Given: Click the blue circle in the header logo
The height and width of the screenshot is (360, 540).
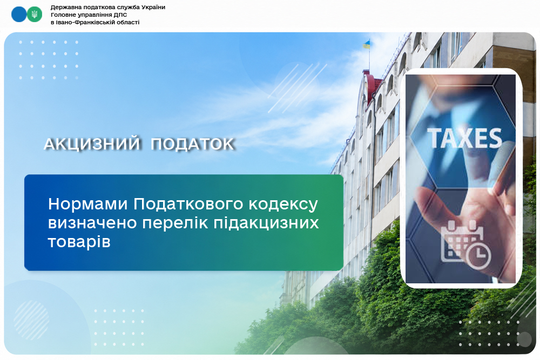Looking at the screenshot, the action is point(19,15).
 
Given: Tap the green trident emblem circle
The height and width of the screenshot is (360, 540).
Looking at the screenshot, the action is point(35,15).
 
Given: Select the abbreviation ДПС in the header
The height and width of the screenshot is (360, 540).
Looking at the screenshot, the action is point(120,15).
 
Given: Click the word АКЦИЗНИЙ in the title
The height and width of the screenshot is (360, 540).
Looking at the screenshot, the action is point(92,144).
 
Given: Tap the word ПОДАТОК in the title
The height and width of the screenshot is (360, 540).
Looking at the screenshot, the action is point(193,144).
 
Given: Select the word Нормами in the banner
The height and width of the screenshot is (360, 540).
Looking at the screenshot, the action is point(88,204).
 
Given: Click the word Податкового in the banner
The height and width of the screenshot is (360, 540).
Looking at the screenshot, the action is point(188,204).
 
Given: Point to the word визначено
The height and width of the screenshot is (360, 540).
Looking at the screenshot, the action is point(93,223).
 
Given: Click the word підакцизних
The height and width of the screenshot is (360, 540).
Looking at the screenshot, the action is point(266,223).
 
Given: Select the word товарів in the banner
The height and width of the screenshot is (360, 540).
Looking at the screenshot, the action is point(79,242).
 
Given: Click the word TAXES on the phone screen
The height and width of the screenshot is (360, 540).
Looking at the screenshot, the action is point(464,138).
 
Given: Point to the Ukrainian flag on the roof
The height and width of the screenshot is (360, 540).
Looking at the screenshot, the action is point(367,44).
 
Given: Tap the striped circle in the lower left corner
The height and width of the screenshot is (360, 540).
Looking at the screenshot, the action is point(31,321).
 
